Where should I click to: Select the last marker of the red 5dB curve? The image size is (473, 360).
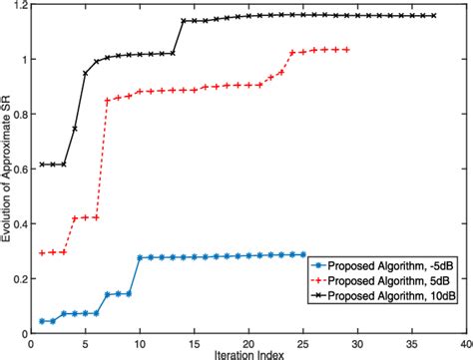point(346,49)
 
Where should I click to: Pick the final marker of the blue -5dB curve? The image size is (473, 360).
point(303,255)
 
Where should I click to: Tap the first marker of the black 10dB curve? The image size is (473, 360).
point(42,165)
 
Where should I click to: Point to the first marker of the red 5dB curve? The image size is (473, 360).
point(42,253)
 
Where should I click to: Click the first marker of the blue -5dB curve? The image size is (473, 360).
point(42,321)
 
